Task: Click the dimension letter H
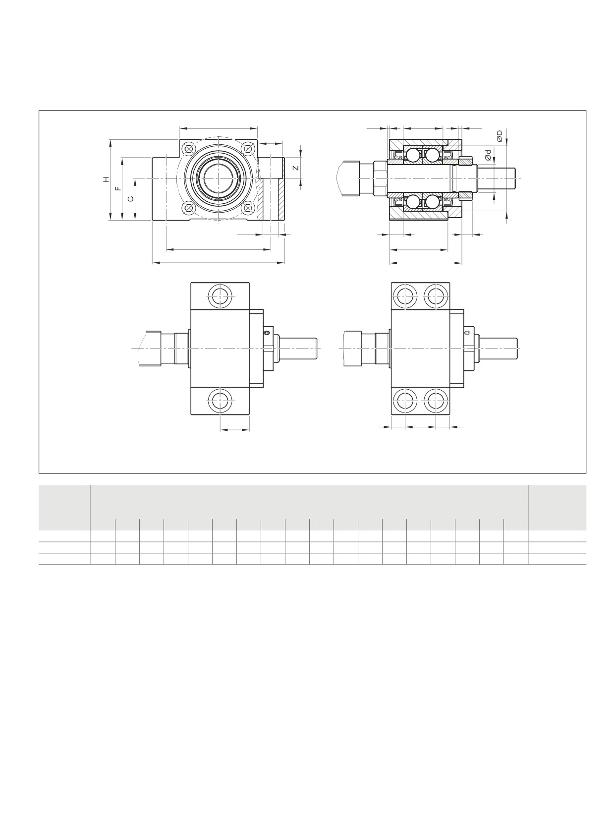(x=107, y=179)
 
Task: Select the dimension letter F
(x=118, y=188)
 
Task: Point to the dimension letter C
(x=131, y=199)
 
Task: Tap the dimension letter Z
(x=296, y=168)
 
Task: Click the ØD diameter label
(x=500, y=136)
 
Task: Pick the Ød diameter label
(x=488, y=156)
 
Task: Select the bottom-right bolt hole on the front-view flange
(x=248, y=207)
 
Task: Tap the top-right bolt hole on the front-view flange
(x=248, y=149)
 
